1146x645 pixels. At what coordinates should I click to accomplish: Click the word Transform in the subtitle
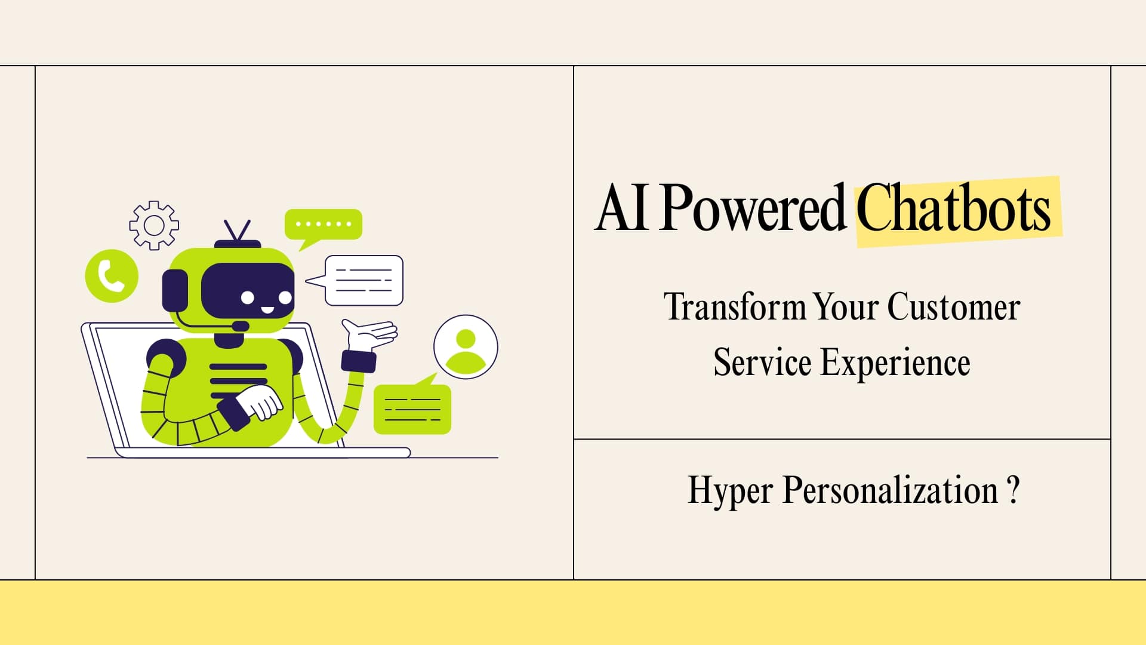[x=735, y=308]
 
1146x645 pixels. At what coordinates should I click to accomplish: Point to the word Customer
[x=953, y=308]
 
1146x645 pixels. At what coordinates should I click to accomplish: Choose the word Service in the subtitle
[x=762, y=363]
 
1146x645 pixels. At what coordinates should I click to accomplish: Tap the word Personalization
[x=890, y=491]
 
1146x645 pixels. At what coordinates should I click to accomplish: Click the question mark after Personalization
[x=1013, y=491]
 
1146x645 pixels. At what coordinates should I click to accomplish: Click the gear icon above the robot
[x=154, y=225]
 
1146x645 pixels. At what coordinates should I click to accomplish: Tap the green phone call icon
[x=112, y=276]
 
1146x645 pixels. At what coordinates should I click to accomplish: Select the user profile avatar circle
[x=466, y=347]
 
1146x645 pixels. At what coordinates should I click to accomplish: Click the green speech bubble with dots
[x=324, y=225]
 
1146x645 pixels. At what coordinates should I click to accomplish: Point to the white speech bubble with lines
[x=363, y=280]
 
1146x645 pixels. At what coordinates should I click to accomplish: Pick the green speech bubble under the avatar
[x=412, y=409]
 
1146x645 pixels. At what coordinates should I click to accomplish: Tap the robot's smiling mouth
[x=267, y=310]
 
